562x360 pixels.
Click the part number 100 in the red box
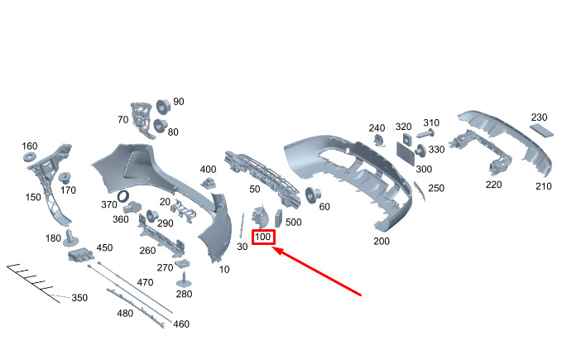tap(263, 238)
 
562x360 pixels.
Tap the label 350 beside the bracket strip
tap(79, 298)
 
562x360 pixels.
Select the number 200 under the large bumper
tap(381, 241)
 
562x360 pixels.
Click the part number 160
tap(29, 146)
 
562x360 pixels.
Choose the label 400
tap(208, 170)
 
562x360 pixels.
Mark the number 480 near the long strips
tap(125, 313)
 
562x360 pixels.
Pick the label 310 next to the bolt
tap(431, 122)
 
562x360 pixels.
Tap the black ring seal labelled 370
tap(125, 196)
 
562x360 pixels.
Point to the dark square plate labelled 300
tap(406, 151)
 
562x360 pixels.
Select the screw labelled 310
tap(429, 132)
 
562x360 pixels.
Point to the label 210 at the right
tap(543, 186)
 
